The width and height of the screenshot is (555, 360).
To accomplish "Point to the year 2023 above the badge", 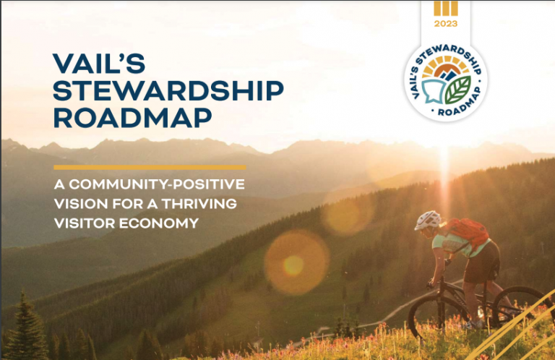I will point(446,24).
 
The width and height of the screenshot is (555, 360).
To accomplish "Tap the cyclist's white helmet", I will point(427,220).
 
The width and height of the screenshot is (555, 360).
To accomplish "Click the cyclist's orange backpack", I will point(467,231).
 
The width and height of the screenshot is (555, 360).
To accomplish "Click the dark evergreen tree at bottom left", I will point(25,329).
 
